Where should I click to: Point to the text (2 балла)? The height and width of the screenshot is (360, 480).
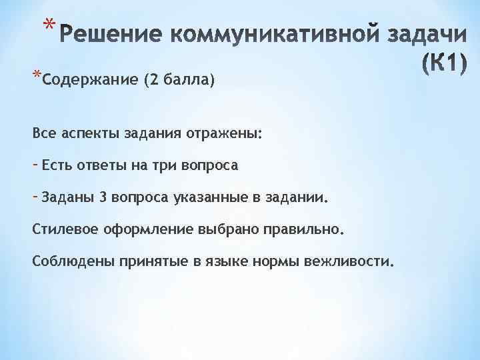(x=178, y=81)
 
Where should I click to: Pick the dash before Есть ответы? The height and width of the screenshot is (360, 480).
(x=35, y=163)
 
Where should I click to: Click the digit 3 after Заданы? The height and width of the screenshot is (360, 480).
(x=103, y=197)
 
